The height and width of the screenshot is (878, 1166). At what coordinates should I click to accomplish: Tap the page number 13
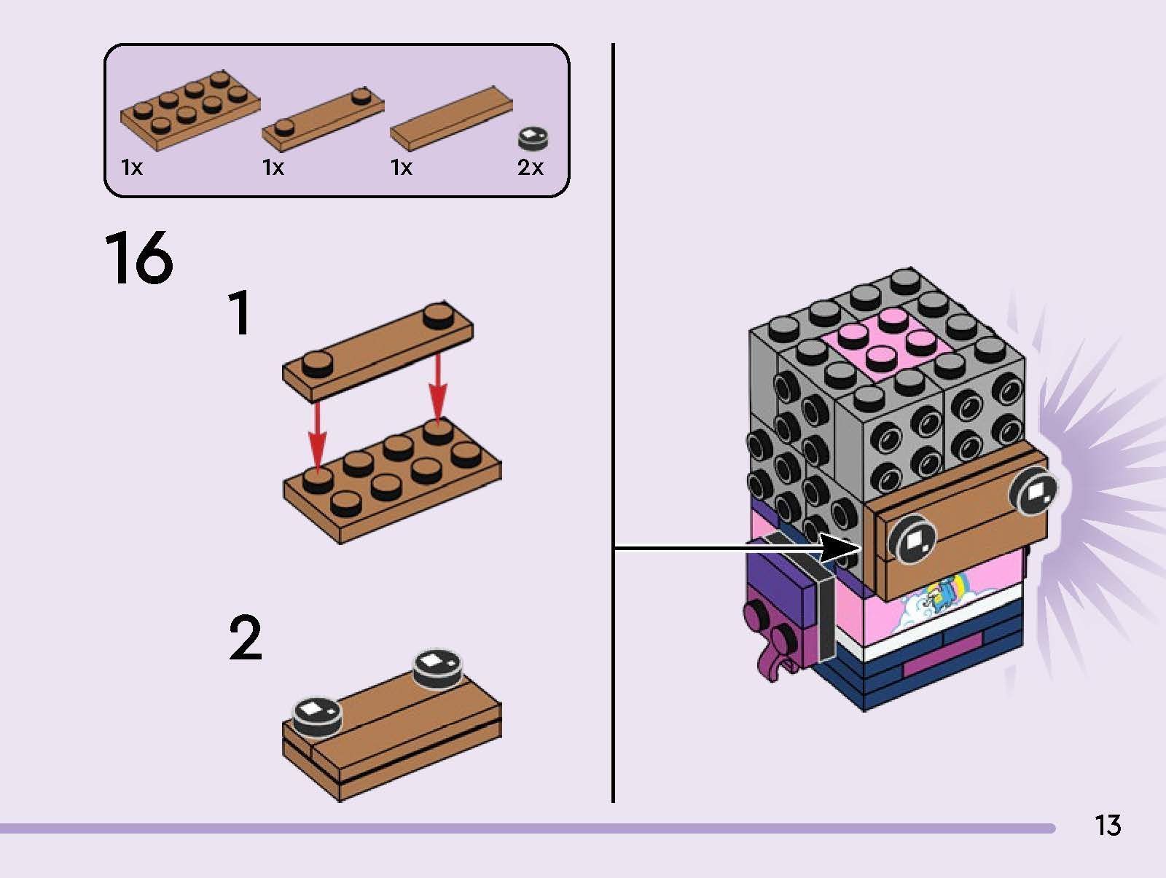click(1106, 826)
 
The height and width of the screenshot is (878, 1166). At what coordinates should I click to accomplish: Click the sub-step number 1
click(240, 313)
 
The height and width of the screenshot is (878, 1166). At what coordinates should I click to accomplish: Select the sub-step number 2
click(245, 638)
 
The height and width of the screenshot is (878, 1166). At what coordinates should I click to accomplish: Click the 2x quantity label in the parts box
click(530, 168)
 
